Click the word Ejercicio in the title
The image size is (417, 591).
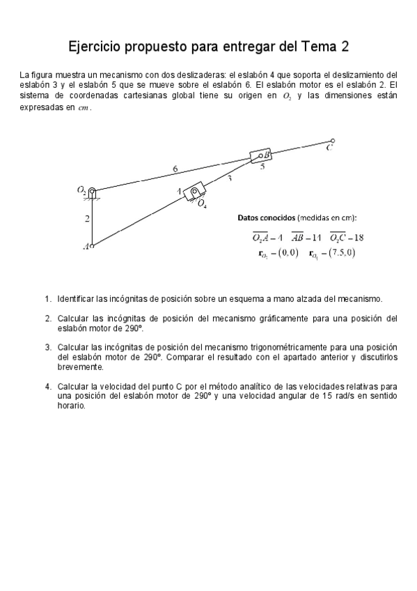95,47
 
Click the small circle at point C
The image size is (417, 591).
332,141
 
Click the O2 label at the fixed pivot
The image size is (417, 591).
81,188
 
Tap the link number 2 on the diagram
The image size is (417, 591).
87,219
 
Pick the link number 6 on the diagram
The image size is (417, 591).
175,168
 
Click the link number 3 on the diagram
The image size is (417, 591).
230,179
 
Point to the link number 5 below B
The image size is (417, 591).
262,167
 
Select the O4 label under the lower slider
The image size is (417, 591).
202,204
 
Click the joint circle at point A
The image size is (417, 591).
92,245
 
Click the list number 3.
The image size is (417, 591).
48,346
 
